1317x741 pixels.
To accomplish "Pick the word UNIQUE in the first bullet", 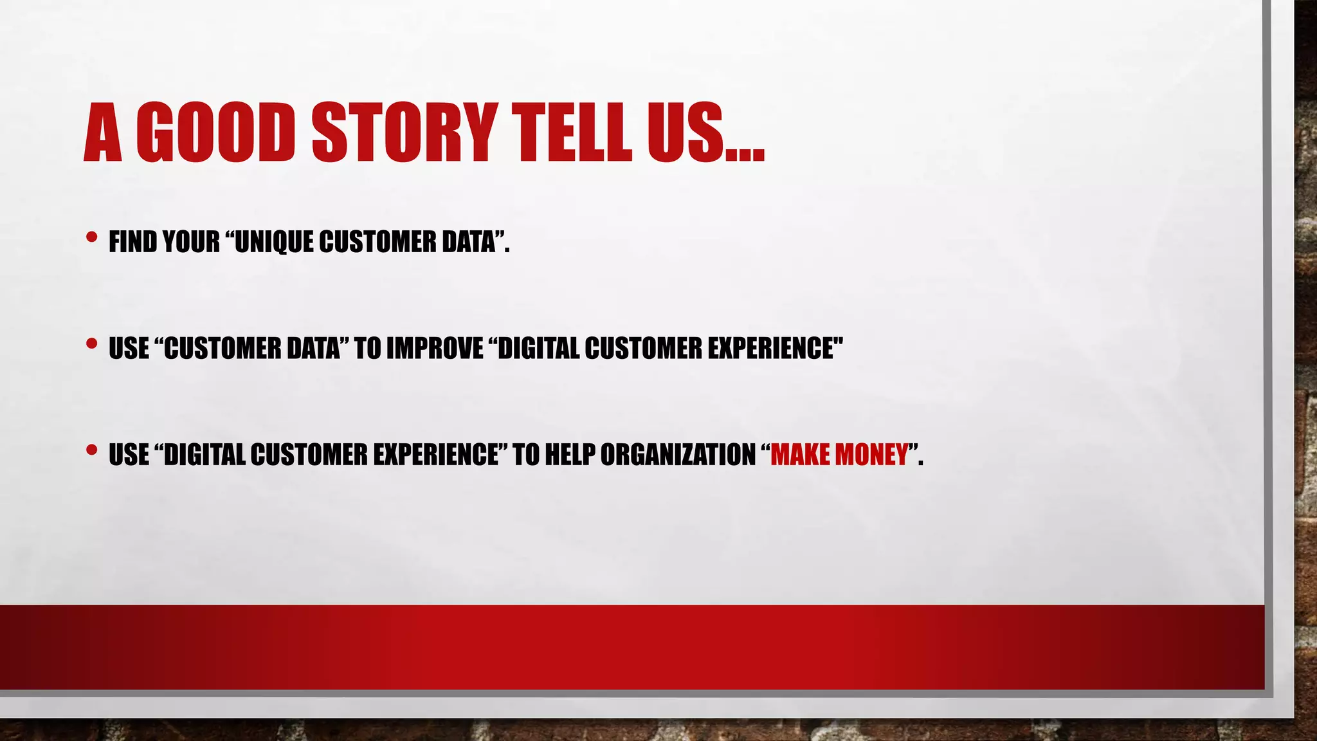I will tap(274, 242).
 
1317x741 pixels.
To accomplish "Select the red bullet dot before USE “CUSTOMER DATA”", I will tap(91, 343).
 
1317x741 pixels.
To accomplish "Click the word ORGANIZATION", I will tap(678, 455).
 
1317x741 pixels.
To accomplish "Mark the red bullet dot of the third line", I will tap(91, 450).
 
